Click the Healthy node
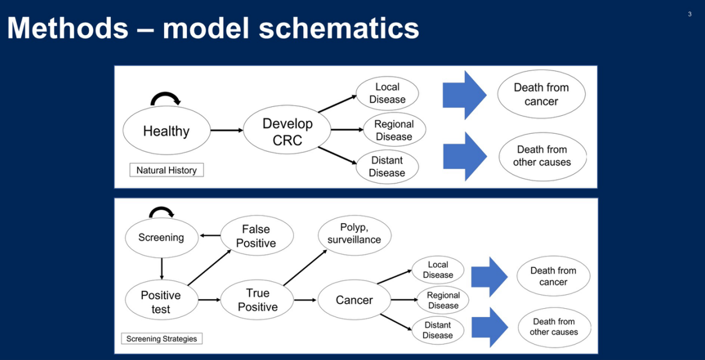166,130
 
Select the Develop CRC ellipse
287,130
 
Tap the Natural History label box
166,170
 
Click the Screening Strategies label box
162,338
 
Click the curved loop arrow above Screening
161,208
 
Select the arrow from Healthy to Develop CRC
227,130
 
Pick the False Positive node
257,235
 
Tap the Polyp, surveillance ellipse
355,235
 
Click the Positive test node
161,300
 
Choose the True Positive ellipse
257,300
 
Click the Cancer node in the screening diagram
355,300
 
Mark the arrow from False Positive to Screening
210,235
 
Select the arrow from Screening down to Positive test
162,268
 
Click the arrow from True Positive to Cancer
305,300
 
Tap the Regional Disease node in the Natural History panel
394,130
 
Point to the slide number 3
690,14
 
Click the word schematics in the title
338,28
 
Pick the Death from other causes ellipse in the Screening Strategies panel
554,327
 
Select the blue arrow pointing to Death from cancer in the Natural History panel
465,95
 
